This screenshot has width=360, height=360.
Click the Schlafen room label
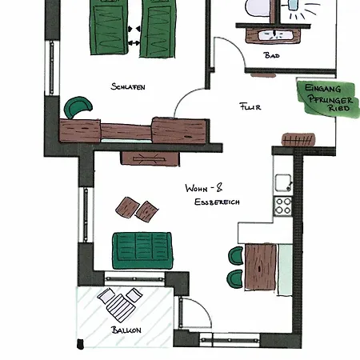[128, 86]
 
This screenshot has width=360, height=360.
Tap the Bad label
[271, 55]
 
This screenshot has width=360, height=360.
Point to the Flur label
[250, 106]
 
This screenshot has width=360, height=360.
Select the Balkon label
[126, 330]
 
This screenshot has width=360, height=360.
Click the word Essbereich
[217, 202]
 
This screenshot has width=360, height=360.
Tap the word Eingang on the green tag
[322, 88]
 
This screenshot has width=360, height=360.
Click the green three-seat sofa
[142, 250]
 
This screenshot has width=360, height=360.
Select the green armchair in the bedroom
[78, 106]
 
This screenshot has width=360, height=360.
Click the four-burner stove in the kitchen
[283, 206]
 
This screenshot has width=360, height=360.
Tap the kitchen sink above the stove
[283, 182]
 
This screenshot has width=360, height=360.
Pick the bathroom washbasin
[274, 36]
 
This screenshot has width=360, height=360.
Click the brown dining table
[261, 266]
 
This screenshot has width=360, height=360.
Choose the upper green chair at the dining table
[236, 256]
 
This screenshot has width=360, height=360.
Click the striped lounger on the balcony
[120, 304]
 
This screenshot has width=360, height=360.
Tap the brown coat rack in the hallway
[298, 140]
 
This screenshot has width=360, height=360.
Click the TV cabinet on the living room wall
[150, 158]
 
